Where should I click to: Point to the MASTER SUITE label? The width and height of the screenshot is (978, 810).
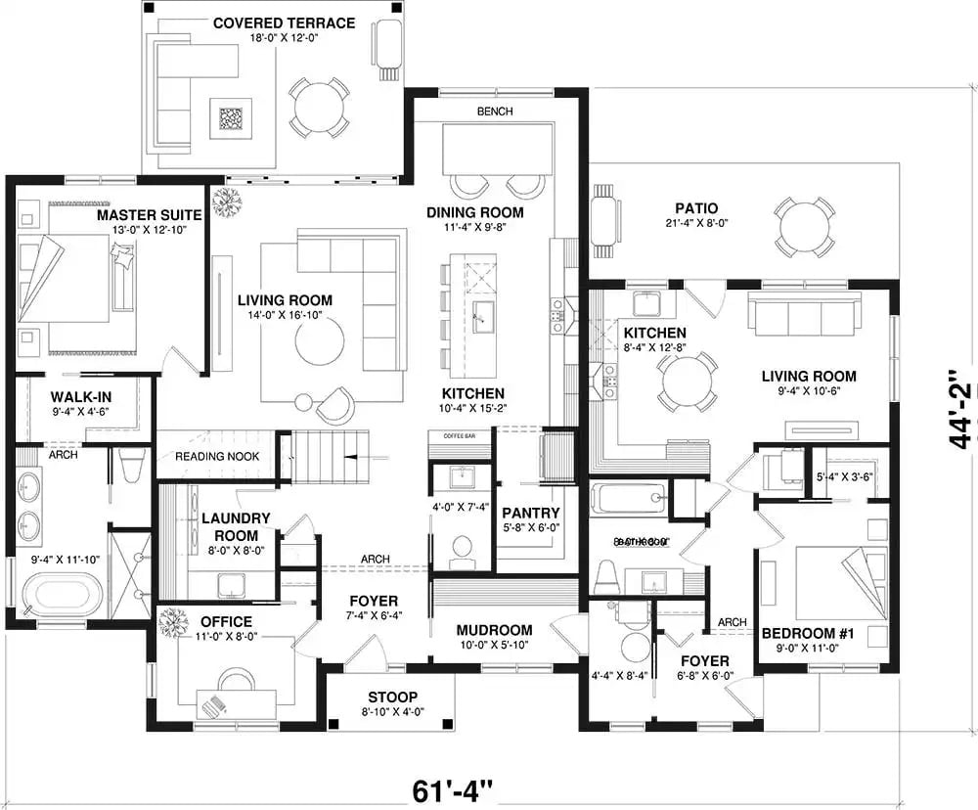tap(149, 214)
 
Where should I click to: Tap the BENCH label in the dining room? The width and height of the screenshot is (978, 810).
tap(494, 112)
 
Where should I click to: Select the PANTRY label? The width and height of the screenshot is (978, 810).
tap(530, 513)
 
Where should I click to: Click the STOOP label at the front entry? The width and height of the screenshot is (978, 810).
tap(393, 697)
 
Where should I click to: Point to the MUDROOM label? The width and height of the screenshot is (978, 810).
tap(494, 630)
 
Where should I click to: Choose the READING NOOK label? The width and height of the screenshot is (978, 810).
tap(215, 457)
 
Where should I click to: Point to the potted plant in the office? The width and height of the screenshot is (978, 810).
tap(175, 622)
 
